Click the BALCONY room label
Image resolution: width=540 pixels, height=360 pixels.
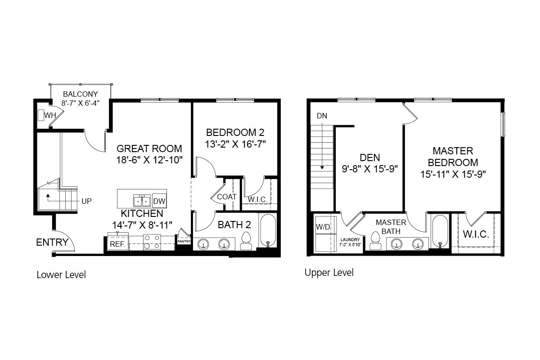(x=81, y=94)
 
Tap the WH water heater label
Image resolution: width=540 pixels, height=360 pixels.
(x=49, y=116)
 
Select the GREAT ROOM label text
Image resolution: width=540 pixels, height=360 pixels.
(x=149, y=148)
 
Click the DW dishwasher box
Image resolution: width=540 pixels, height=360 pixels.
(x=159, y=201)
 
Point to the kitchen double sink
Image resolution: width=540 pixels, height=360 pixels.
(x=142, y=200)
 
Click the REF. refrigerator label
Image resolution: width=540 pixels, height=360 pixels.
(x=117, y=244)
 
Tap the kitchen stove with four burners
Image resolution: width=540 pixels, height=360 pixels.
(x=152, y=242)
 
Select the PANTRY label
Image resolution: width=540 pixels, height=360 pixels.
(x=184, y=242)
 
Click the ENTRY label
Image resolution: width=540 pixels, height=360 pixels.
(x=52, y=243)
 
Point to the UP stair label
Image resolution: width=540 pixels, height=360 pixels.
(x=87, y=201)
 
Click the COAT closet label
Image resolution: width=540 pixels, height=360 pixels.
(x=227, y=197)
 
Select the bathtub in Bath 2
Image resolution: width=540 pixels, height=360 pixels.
(x=268, y=231)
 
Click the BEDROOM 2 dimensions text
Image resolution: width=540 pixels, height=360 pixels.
(x=235, y=144)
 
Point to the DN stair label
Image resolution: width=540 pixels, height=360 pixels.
(x=322, y=116)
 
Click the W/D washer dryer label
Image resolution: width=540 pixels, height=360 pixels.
(x=323, y=227)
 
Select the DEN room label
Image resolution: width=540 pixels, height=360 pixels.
(x=370, y=157)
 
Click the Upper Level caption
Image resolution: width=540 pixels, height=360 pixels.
(x=329, y=272)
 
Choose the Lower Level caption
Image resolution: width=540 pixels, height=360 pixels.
(x=61, y=274)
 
